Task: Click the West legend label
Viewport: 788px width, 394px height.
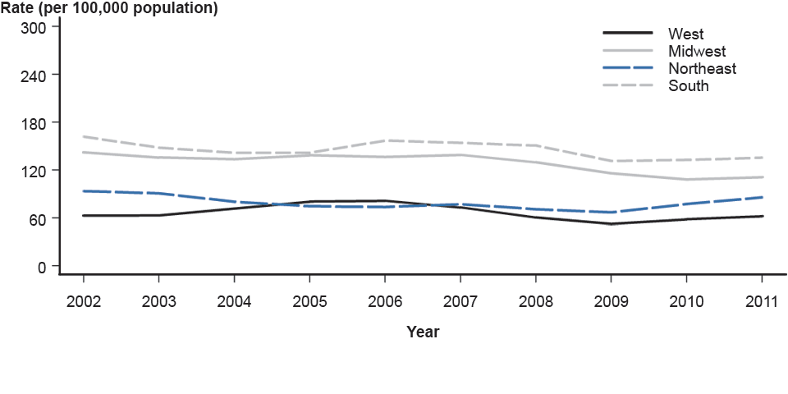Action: tap(685, 34)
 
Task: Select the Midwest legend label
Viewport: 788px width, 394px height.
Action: tap(697, 51)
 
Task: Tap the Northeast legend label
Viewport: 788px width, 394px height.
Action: tap(702, 68)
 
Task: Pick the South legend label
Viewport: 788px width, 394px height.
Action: tap(688, 85)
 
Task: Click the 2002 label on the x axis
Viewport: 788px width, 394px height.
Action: tap(83, 301)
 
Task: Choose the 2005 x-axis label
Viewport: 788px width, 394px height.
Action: tap(309, 301)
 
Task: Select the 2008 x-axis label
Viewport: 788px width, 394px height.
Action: tap(536, 301)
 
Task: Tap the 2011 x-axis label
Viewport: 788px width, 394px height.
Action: tap(763, 301)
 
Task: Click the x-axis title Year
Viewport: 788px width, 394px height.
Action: tap(423, 332)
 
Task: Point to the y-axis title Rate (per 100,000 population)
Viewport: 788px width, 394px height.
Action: tap(109, 9)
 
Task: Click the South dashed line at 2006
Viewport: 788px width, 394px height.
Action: tap(385, 140)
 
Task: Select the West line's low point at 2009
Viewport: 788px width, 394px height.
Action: tap(612, 223)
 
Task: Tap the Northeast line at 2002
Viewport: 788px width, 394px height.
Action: tap(83, 191)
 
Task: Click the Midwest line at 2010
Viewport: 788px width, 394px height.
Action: tap(687, 179)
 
